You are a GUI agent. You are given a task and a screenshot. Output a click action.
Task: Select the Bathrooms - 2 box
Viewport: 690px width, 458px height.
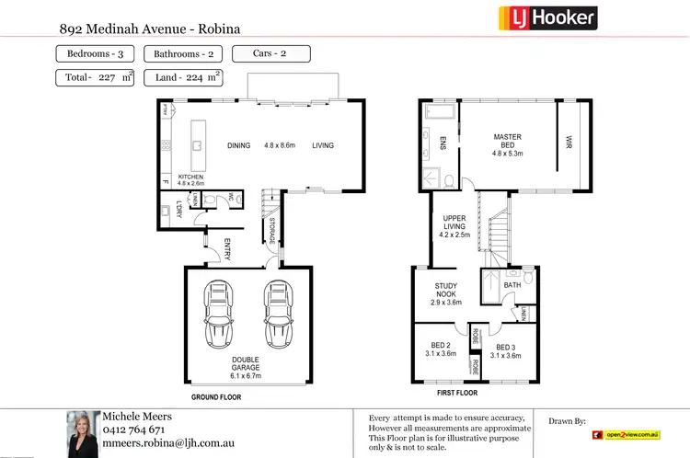[x=182, y=54]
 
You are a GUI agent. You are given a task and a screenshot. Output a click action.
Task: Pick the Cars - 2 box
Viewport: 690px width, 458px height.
[x=271, y=53]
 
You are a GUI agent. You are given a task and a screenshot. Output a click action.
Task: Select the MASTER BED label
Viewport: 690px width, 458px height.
[x=507, y=143]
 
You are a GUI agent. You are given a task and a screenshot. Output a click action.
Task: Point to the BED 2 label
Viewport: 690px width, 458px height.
[x=437, y=349]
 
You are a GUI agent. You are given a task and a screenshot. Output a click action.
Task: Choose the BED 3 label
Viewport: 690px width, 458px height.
[x=507, y=349]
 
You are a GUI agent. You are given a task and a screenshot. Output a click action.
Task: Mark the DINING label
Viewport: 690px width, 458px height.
[x=239, y=145]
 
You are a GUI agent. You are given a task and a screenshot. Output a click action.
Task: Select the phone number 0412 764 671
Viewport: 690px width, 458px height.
[x=134, y=429]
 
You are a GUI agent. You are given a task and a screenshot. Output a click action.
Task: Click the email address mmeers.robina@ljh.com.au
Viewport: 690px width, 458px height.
[x=167, y=442]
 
